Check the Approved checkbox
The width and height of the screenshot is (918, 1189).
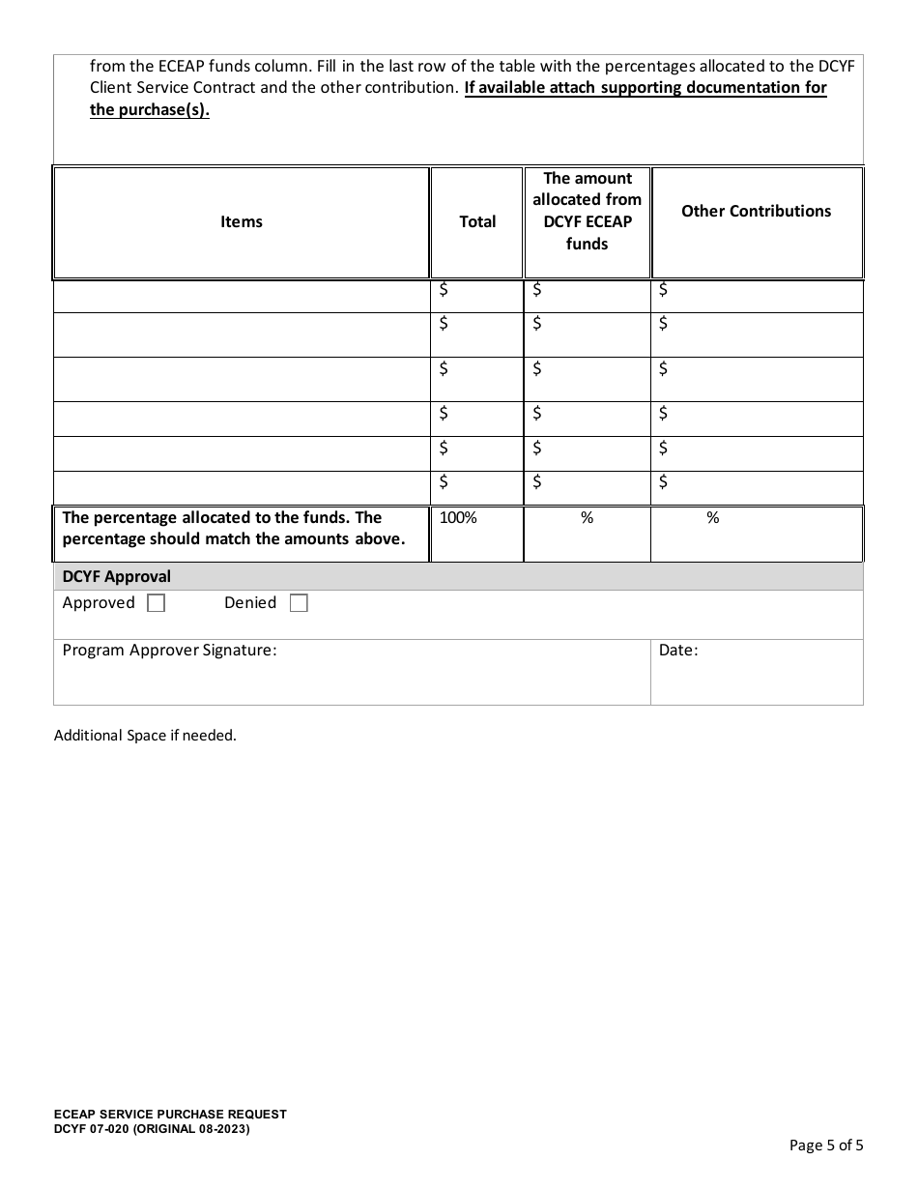pos(156,603)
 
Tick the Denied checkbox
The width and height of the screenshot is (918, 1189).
pos(299,603)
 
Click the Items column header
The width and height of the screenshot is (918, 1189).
pos(241,222)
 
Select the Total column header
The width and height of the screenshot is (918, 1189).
pos(477,222)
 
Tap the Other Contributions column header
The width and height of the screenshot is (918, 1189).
pos(756,212)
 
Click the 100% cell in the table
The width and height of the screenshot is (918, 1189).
pos(458,518)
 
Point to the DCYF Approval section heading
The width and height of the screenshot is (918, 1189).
pos(116,577)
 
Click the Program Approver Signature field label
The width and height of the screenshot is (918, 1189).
pos(169,651)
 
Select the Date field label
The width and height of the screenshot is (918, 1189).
pos(677,651)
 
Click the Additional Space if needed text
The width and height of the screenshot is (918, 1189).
pos(145,736)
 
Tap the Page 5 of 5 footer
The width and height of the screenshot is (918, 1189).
pos(826,1145)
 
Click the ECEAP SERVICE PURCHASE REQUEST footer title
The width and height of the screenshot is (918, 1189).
pos(170,1115)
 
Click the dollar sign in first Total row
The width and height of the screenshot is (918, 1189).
pos(444,289)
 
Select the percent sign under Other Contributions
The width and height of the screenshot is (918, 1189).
pos(713,518)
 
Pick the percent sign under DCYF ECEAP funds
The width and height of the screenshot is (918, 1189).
pos(587,518)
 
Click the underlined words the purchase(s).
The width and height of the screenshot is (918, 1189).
pos(150,109)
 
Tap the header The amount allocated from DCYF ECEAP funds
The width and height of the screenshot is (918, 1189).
pos(587,211)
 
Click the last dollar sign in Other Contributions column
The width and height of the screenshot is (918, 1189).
pos(663,481)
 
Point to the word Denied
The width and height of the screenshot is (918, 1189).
pos(250,603)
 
